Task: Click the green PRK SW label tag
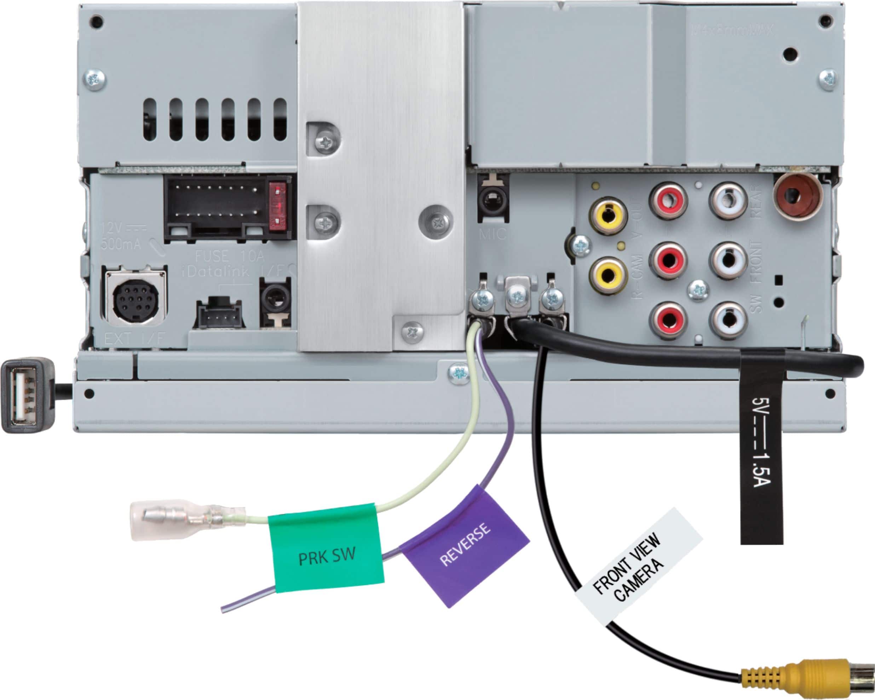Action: tap(327, 548)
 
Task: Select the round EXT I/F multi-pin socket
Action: tap(136, 297)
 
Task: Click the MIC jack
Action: tap(494, 199)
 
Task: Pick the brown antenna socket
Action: tap(798, 196)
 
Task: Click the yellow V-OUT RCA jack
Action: tap(608, 215)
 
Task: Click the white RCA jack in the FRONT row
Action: tap(728, 260)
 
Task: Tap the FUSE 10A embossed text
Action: tap(229, 256)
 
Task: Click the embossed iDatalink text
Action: tap(215, 271)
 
